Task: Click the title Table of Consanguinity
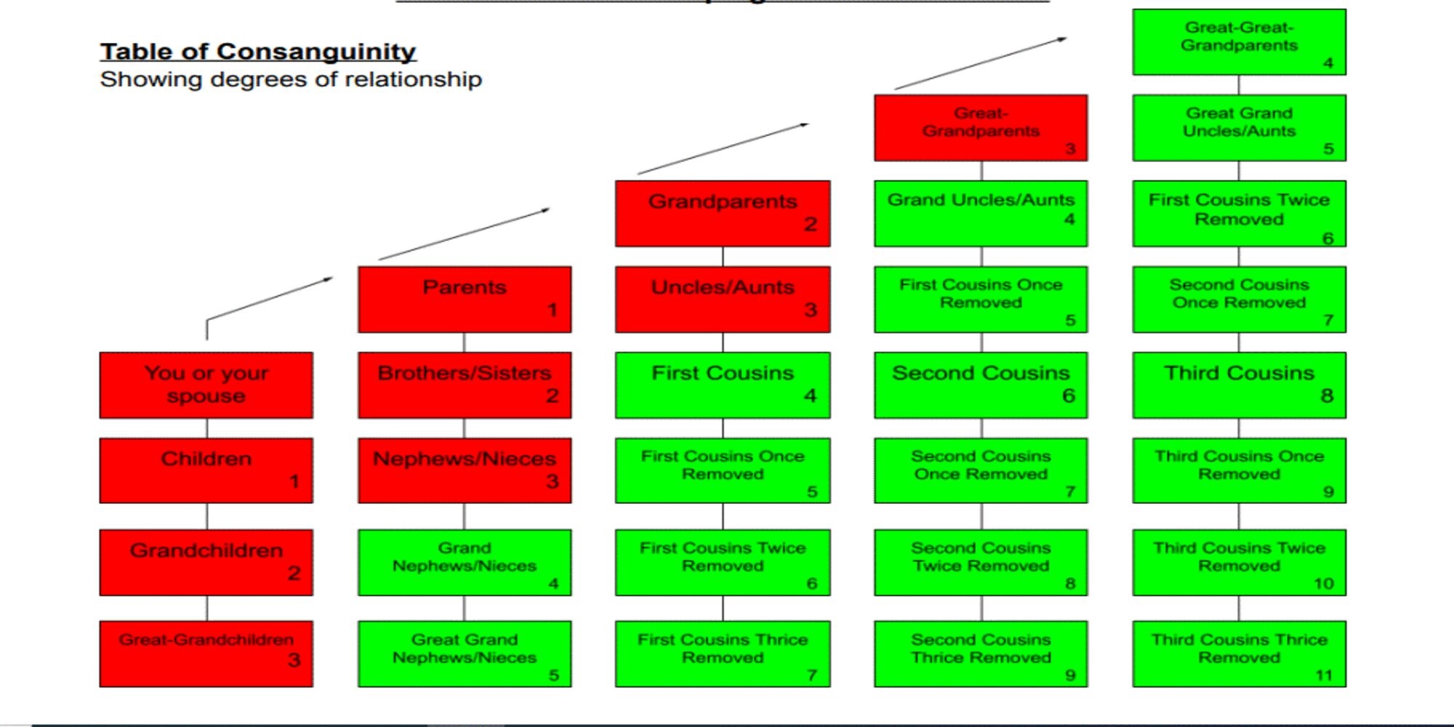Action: [258, 52]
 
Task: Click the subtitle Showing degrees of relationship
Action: [291, 79]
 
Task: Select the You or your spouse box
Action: [206, 385]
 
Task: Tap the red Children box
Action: [206, 470]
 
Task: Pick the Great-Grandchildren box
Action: [206, 654]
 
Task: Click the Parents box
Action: [465, 300]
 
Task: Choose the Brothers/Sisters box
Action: [465, 385]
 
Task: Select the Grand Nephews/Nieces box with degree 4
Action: [465, 563]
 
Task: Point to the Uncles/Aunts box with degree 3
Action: [723, 300]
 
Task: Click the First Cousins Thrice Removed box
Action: [723, 654]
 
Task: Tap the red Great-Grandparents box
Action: [981, 128]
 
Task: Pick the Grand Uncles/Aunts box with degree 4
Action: [981, 214]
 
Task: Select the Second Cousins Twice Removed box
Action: [981, 563]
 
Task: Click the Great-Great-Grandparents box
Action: [1240, 42]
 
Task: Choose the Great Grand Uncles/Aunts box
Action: [1240, 128]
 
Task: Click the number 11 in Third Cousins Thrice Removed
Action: [1324, 675]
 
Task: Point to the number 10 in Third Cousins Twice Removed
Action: [1324, 584]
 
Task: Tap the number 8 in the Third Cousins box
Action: [1327, 395]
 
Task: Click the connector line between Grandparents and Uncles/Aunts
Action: [723, 257]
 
